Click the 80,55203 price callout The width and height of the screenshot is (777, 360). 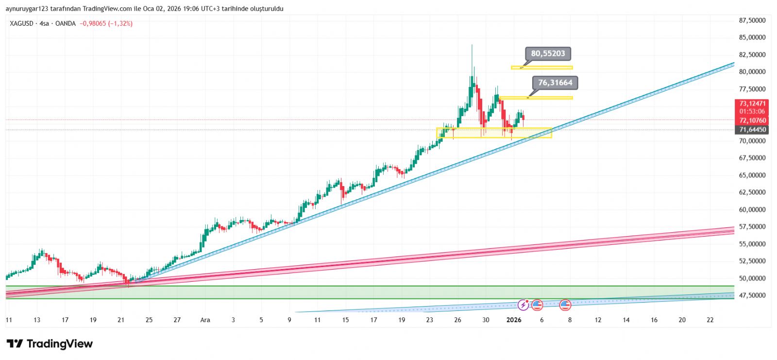[x=548, y=53]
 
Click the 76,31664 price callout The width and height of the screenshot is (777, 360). [x=555, y=83]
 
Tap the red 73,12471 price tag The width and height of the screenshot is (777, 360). [x=752, y=103]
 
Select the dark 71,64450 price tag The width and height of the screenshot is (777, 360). [x=752, y=130]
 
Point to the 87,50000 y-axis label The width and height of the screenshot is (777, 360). [x=752, y=20]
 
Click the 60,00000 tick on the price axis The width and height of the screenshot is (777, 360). [x=752, y=210]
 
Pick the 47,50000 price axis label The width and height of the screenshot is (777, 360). [x=752, y=295]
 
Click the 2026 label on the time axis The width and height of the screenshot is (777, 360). [x=513, y=320]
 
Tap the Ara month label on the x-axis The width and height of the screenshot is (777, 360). [x=205, y=320]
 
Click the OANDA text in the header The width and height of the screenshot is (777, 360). [x=66, y=23]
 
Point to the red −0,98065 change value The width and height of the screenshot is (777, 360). [x=93, y=23]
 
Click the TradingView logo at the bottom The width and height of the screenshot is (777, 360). [x=50, y=344]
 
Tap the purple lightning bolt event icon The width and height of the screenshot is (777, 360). [x=523, y=305]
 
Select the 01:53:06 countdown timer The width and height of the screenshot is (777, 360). [x=752, y=112]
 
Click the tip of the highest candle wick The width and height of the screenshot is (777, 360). [x=472, y=45]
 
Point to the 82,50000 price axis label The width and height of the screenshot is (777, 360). [x=752, y=55]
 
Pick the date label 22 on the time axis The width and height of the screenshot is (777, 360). [x=710, y=320]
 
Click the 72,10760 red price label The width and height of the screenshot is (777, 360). [x=752, y=120]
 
